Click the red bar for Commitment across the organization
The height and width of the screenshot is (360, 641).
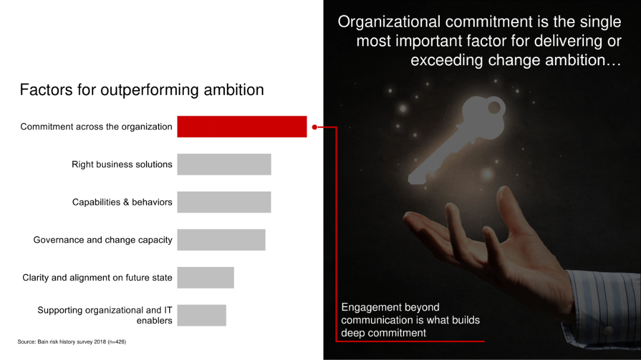[242, 126]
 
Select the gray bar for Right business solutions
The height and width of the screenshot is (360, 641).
[224, 164]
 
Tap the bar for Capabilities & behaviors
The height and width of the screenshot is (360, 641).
[224, 202]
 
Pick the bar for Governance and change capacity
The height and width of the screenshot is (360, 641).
[221, 240]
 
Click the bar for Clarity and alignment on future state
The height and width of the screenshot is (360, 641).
[205, 278]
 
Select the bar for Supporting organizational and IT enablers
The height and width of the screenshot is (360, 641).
[201, 315]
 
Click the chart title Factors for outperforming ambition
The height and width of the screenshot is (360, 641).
[142, 90]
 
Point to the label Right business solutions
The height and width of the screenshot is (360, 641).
[122, 164]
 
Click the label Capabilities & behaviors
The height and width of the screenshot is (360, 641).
[122, 202]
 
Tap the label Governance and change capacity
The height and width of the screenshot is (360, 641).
[103, 240]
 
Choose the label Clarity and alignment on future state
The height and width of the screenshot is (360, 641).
[97, 278]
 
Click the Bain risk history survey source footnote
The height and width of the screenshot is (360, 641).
[72, 342]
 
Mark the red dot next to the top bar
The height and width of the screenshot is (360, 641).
[315, 126]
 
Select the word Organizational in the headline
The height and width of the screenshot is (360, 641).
[389, 22]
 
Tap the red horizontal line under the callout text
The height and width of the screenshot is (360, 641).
[410, 341]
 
